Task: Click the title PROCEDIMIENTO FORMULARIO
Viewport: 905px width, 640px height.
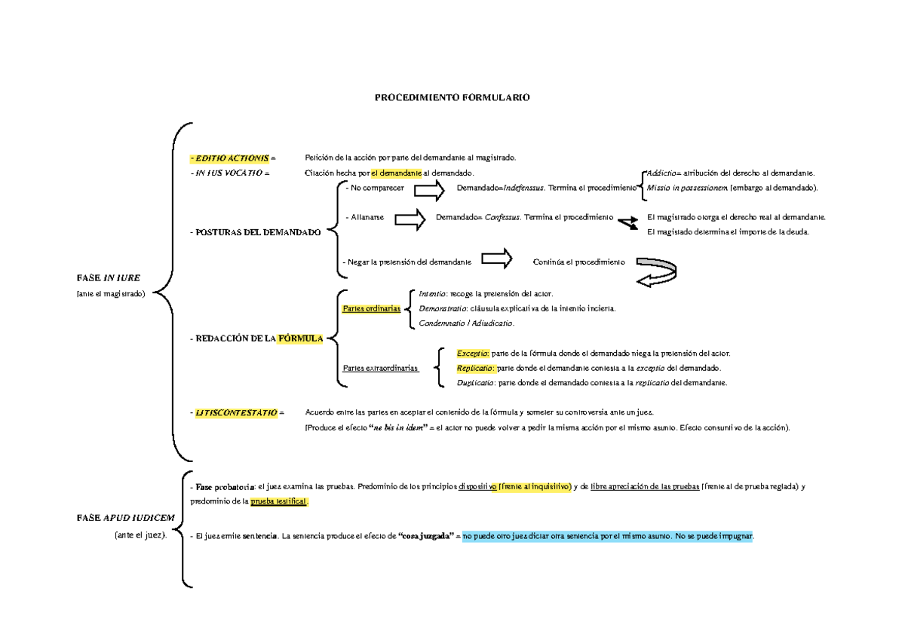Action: pos(453,98)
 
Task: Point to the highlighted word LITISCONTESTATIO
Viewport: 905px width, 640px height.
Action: pos(237,413)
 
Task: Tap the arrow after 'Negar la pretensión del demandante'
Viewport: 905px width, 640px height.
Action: pos(495,259)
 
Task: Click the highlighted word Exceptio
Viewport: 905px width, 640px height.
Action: pos(473,354)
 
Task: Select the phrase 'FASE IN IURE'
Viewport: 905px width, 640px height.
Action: pos(108,277)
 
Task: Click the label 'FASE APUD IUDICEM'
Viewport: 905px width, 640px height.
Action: pos(125,519)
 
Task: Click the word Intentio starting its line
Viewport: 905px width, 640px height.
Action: pos(432,293)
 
